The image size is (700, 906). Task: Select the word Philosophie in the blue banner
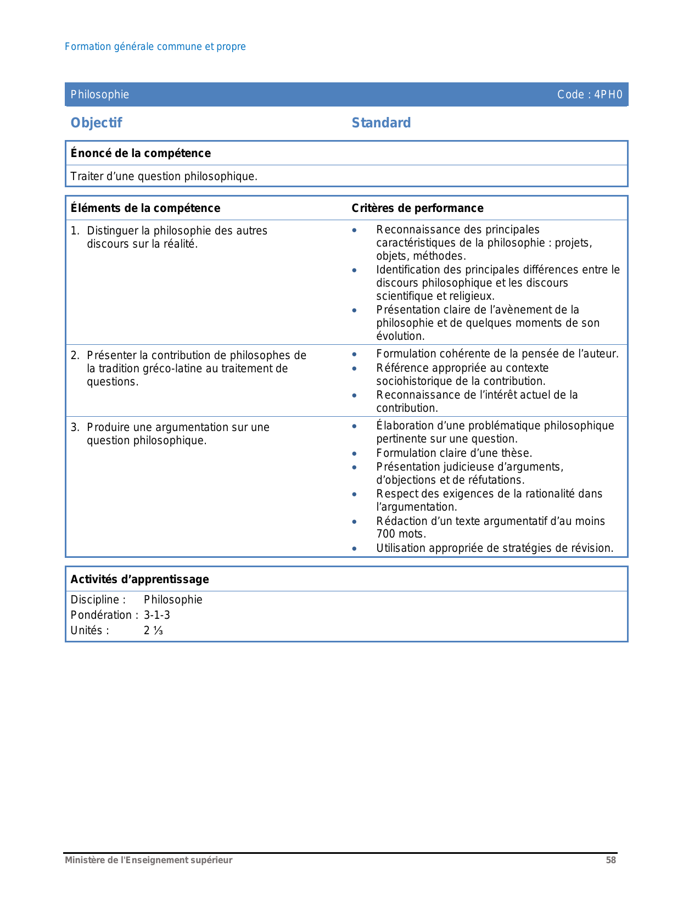point(100,94)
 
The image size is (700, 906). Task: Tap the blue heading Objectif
point(96,123)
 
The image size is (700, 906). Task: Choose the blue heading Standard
point(381,123)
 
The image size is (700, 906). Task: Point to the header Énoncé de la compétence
point(141,153)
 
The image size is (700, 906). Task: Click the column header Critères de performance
point(417,208)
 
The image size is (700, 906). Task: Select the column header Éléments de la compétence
point(145,208)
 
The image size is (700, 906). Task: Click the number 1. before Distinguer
point(75,231)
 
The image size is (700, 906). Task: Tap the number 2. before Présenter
point(75,355)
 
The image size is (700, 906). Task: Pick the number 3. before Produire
point(75,427)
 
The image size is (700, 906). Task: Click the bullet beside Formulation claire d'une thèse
point(355,454)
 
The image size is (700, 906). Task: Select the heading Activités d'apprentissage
point(140,579)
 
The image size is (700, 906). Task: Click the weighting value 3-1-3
point(157,615)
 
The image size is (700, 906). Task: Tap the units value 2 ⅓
point(154,630)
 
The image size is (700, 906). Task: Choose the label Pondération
point(102,615)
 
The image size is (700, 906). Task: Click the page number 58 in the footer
point(611,860)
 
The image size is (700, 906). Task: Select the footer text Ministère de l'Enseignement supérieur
point(148,860)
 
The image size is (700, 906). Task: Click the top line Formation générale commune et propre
point(155,47)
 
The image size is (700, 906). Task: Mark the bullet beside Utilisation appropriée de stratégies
point(355,549)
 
